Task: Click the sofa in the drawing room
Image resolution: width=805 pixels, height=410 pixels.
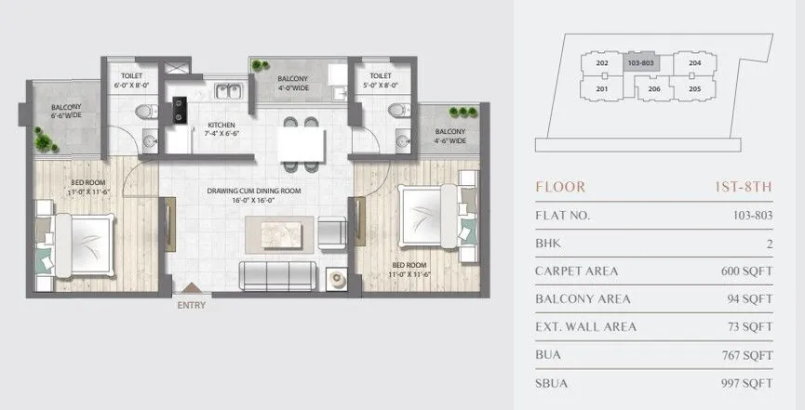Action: [x=276, y=275]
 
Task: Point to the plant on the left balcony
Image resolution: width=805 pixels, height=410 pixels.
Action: [x=44, y=140]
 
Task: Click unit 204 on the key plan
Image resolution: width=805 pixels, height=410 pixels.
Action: [x=694, y=63]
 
